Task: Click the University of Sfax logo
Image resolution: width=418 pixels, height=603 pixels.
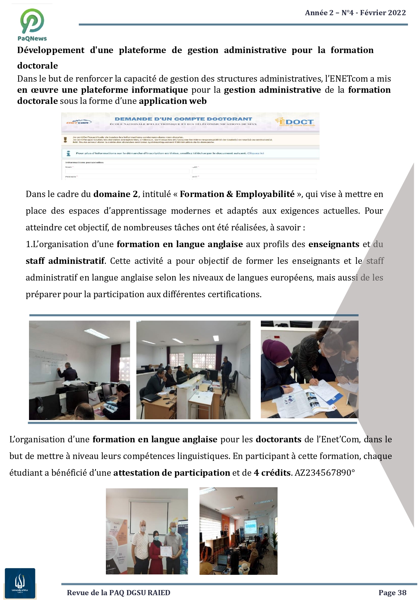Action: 20,583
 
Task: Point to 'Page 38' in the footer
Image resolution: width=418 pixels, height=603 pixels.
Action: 392,593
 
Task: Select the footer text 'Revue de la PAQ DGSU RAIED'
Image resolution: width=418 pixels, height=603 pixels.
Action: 119,593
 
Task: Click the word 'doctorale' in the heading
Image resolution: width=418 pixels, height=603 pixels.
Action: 38,66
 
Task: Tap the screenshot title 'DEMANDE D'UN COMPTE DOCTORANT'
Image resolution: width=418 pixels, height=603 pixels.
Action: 183,119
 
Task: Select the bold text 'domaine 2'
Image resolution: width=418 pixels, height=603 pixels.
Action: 115,194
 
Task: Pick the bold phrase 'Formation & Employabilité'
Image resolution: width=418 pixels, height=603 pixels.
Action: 237,194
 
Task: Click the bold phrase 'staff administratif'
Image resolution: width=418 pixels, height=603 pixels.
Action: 65,261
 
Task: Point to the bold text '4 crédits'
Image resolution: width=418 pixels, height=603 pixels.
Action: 272,473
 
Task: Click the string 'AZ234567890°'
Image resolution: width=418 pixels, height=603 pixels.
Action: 325,473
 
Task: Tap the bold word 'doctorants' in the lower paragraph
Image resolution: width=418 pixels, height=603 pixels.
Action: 278,439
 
